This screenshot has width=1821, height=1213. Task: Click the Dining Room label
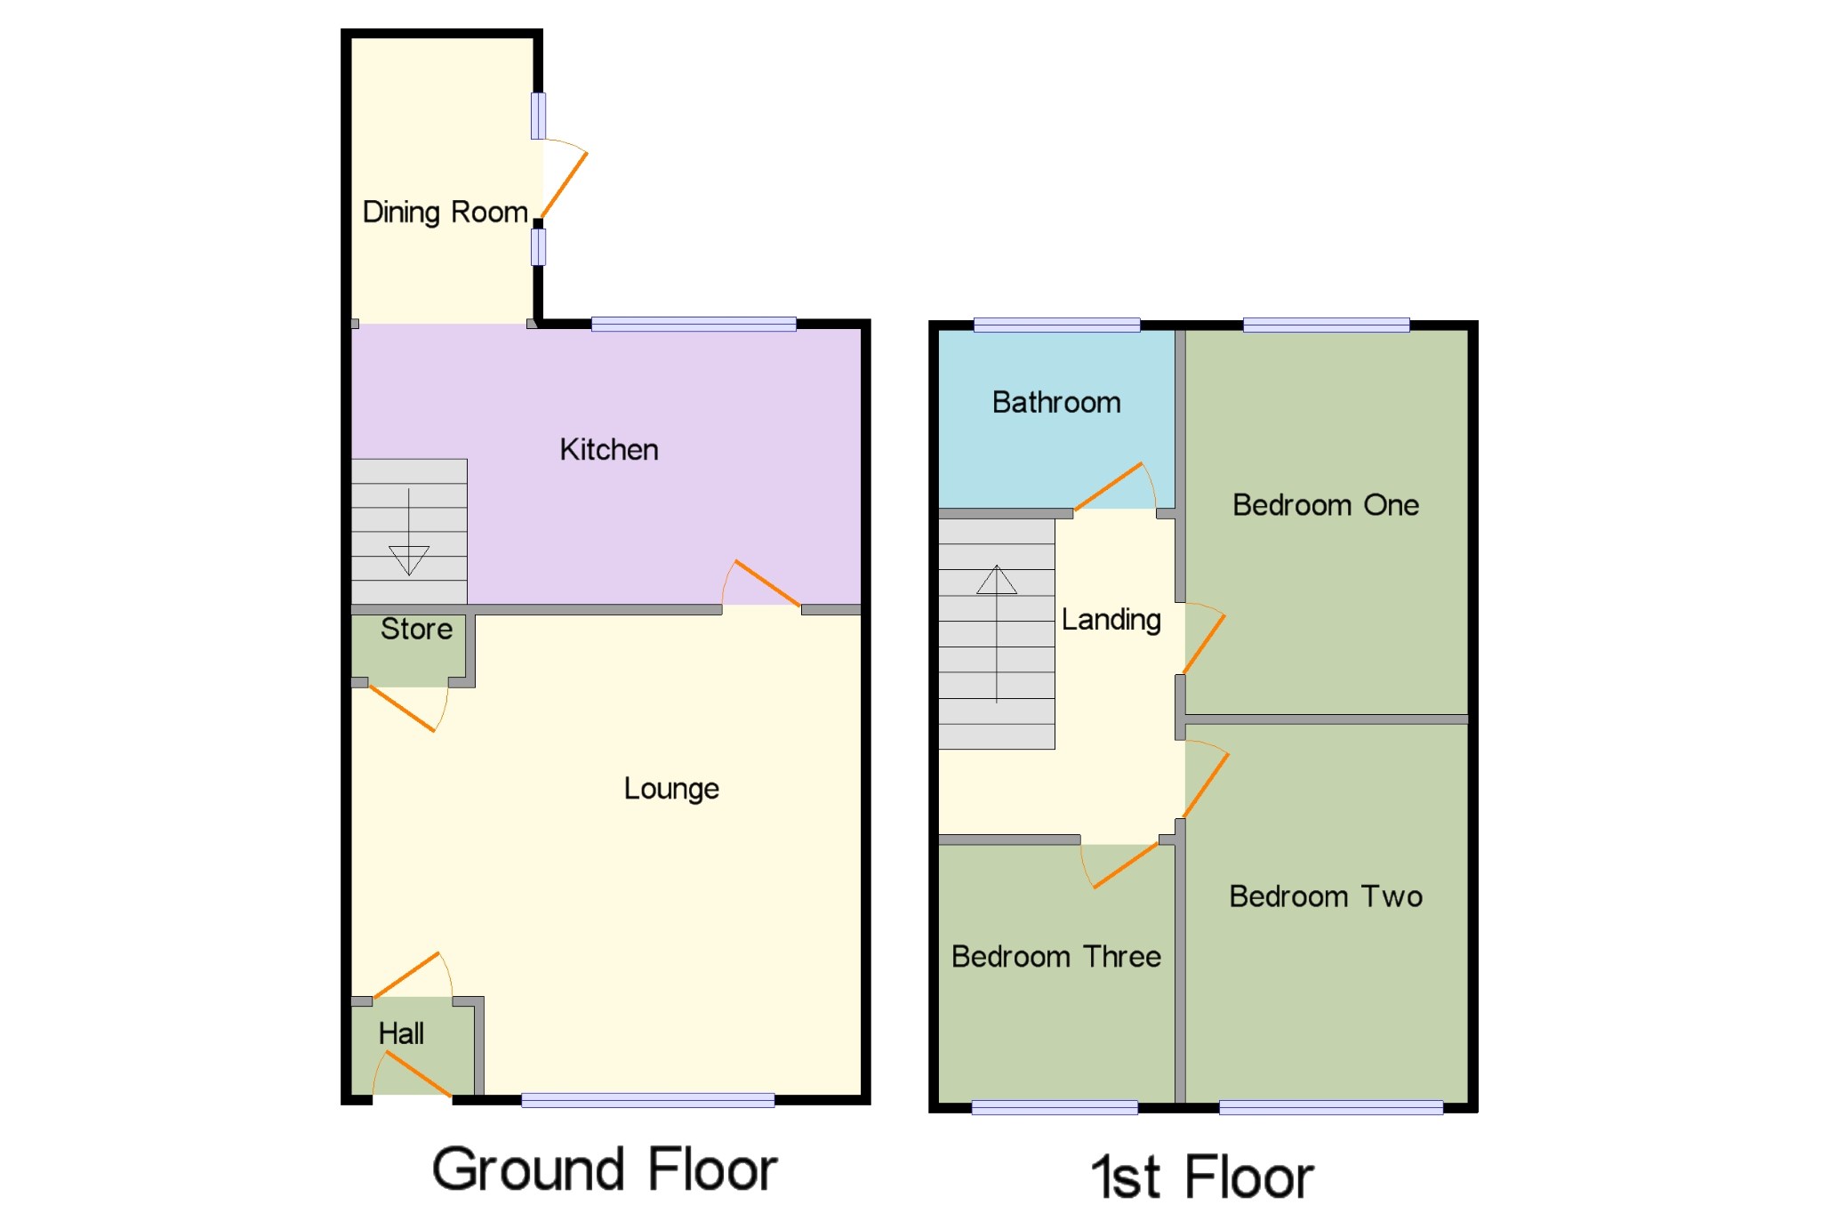(x=445, y=213)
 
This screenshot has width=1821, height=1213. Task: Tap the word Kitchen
(x=609, y=450)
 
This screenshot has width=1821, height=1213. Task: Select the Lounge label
(x=671, y=789)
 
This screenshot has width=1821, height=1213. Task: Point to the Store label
(x=416, y=630)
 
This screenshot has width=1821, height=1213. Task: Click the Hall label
(x=401, y=1033)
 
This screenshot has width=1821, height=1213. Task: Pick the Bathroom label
(x=1056, y=403)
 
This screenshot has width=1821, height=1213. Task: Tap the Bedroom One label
(x=1325, y=505)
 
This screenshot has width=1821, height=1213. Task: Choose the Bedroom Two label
(x=1325, y=896)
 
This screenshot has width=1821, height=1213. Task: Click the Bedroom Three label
(x=1055, y=957)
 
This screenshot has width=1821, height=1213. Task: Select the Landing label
(x=1111, y=620)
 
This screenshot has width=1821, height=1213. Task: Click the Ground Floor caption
(x=605, y=1169)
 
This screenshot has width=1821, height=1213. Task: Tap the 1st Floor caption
(x=1202, y=1177)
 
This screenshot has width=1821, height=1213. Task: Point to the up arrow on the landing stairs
(x=997, y=580)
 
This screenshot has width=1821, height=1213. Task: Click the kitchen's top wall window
(x=694, y=325)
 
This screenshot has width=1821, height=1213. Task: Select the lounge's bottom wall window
(x=647, y=1100)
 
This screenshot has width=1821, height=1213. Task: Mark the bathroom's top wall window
(x=1056, y=325)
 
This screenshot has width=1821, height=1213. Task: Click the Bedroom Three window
(x=1055, y=1107)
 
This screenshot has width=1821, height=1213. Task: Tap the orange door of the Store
(x=402, y=709)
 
